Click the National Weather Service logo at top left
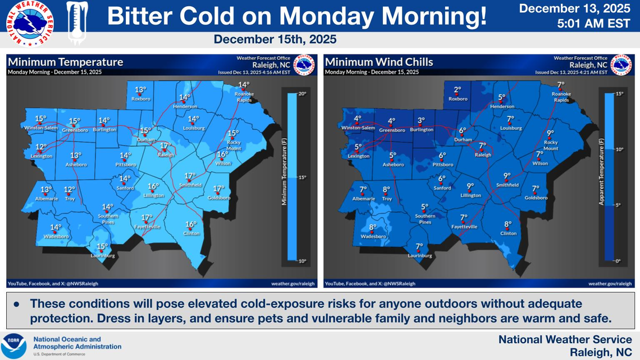coord(28,24)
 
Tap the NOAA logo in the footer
coord(14,343)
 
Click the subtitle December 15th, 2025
coord(275,40)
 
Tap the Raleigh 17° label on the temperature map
coord(165,145)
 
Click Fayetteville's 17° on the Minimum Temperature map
coord(147,218)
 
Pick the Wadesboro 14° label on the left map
coord(56,227)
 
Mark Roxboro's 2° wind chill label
coord(458,90)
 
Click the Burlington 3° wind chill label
coord(421,120)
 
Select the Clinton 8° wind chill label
coord(508,224)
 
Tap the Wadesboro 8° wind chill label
coord(373,227)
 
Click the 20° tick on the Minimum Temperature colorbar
coord(301,94)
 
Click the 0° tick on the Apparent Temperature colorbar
coord(618,261)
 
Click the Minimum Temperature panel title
coord(65,62)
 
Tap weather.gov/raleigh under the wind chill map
coord(610,284)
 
